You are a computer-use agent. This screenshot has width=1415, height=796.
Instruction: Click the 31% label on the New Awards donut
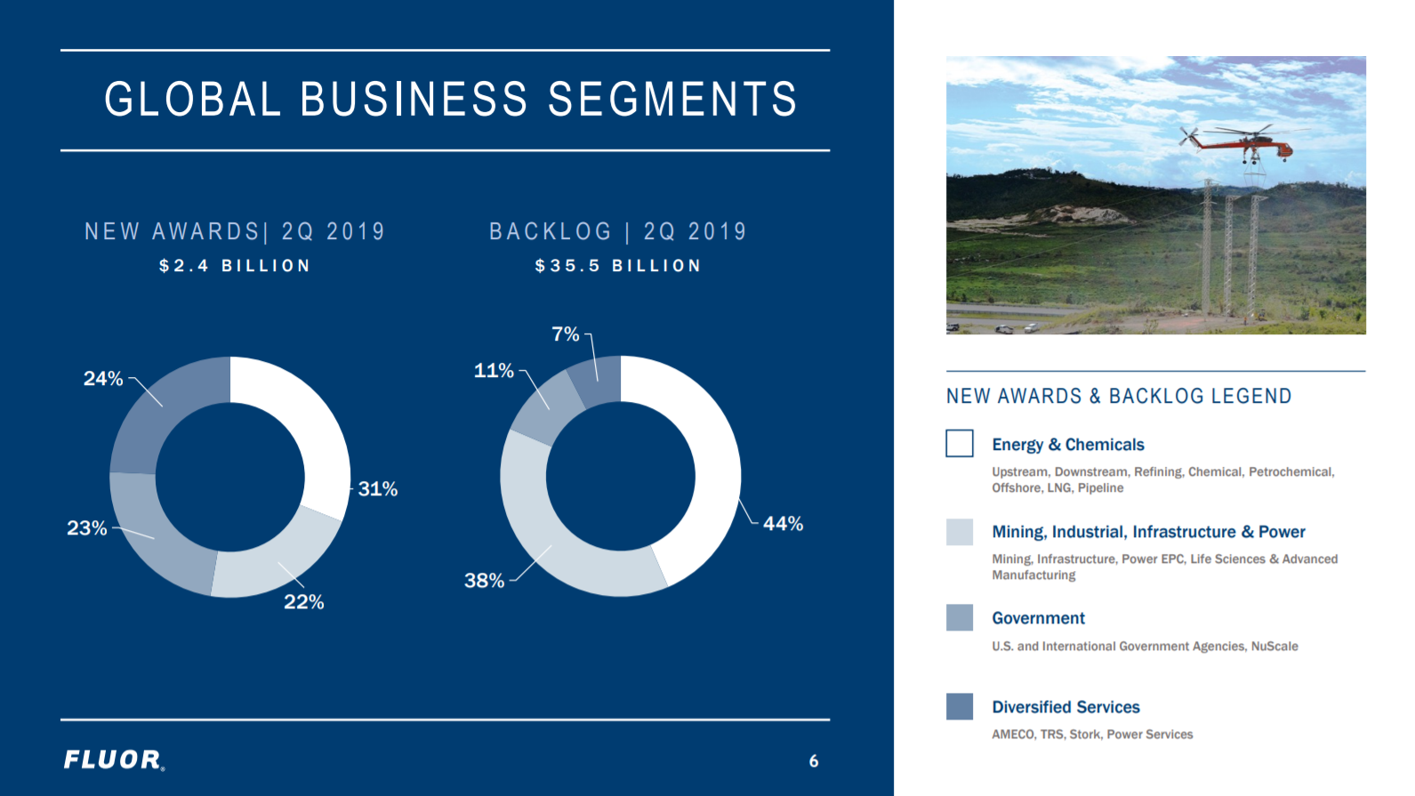378,489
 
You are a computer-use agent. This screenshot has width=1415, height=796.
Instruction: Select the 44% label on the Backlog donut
784,524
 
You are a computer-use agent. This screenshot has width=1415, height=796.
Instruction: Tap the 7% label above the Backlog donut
566,334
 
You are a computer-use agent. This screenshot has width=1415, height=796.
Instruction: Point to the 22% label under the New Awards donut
304,602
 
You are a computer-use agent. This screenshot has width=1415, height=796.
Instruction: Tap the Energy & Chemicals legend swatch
960,444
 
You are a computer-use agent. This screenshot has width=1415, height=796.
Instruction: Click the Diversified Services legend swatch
960,706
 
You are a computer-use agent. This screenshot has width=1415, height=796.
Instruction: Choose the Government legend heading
1038,618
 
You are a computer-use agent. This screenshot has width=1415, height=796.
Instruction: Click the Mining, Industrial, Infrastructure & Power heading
1148,532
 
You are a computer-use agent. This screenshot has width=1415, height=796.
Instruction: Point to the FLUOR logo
115,760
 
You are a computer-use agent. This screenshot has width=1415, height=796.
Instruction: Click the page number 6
814,761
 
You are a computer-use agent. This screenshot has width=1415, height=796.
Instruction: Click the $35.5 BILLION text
618,266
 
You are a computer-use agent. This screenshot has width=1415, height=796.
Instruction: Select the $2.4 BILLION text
235,266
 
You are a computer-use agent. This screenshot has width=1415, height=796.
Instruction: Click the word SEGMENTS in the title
672,100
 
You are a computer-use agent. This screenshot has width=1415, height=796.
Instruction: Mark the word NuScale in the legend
1274,647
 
